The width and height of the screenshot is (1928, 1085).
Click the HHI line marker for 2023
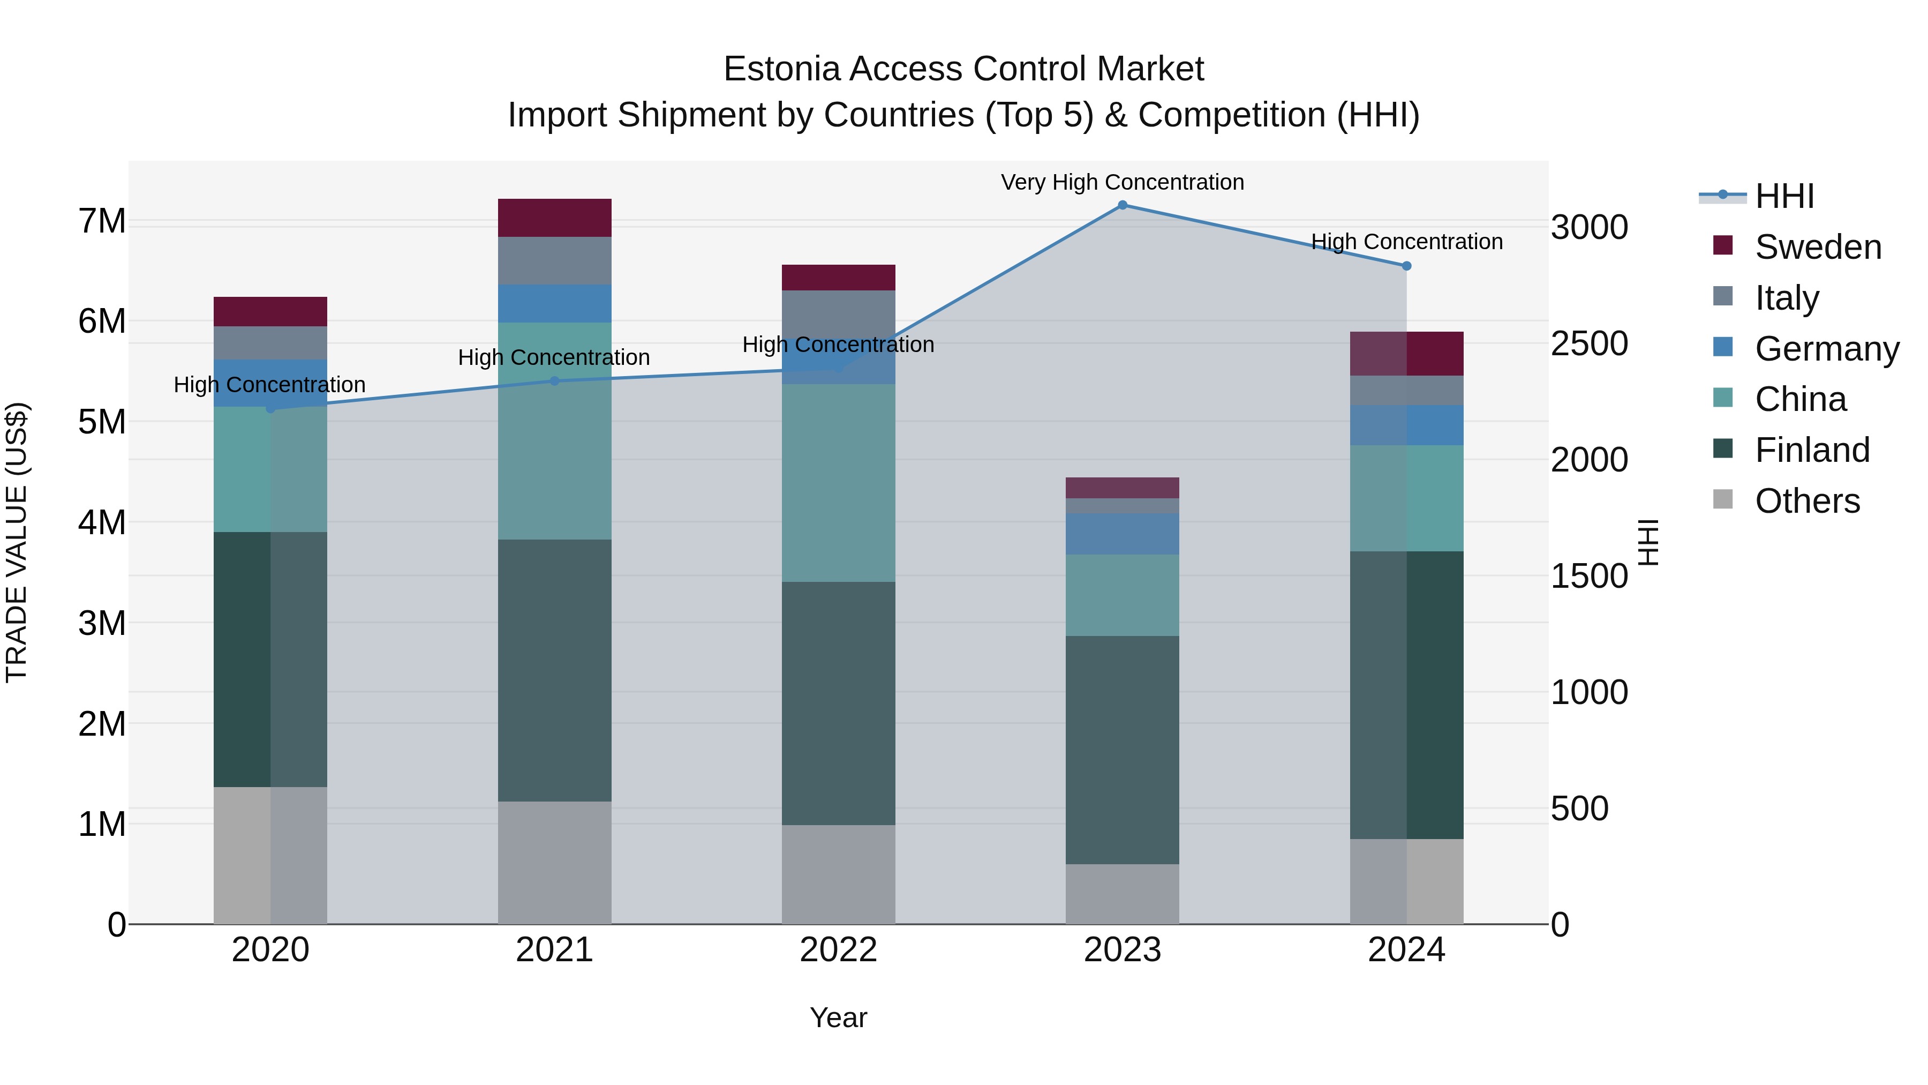[1122, 205]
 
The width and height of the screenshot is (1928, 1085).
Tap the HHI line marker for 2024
[1406, 266]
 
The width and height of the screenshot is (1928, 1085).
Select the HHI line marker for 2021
[555, 381]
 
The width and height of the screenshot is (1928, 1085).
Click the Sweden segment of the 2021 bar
[555, 218]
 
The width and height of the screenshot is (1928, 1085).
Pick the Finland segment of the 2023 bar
[1122, 750]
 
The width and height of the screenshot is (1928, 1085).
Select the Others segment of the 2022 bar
[838, 874]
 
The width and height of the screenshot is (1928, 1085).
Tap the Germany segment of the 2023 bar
[1122, 533]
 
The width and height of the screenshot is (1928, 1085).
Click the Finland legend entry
[1811, 450]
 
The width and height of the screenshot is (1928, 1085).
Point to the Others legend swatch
[1723, 499]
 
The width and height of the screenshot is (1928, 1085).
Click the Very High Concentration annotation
[1122, 182]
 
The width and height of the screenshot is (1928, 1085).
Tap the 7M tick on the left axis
[102, 222]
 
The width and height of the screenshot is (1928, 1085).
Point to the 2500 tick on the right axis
[1589, 343]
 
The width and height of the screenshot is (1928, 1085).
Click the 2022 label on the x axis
[838, 950]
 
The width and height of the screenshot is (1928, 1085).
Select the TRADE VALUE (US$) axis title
[17, 542]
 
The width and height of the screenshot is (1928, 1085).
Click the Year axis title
[838, 1017]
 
